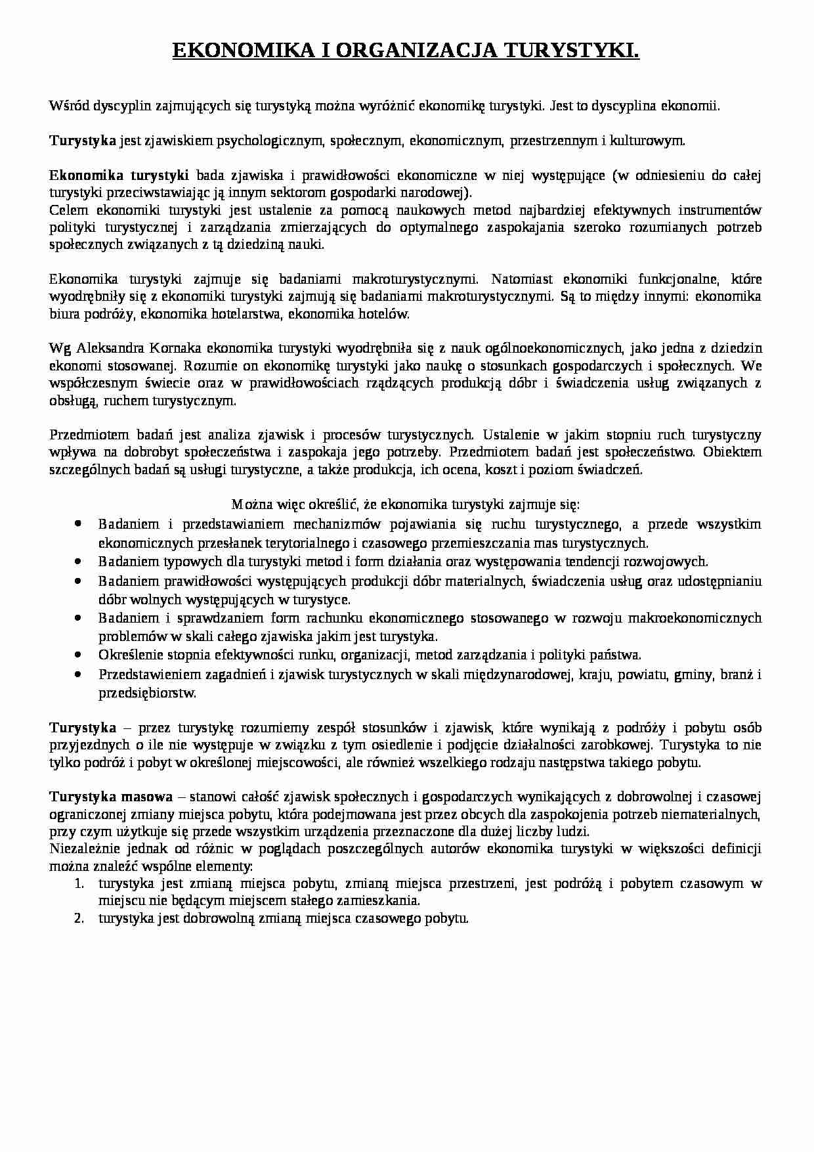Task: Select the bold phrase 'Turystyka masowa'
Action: pyautogui.click(x=111, y=797)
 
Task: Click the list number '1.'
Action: pyautogui.click(x=79, y=883)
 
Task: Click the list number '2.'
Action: pyautogui.click(x=79, y=918)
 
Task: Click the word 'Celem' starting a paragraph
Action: pyautogui.click(x=68, y=210)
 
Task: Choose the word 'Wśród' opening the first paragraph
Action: pyautogui.click(x=68, y=105)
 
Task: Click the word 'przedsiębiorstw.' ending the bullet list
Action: pyautogui.click(x=148, y=692)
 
